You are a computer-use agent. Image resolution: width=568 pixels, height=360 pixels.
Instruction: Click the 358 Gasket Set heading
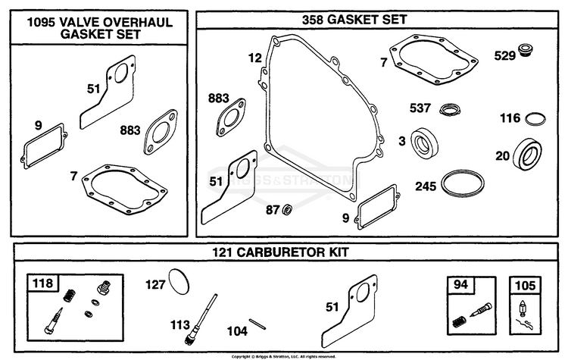[354, 20]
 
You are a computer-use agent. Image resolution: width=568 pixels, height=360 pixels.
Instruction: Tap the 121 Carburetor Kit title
[280, 252]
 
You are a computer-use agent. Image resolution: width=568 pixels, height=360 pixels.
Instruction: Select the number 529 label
[504, 56]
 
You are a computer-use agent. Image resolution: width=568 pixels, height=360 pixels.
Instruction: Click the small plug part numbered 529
[527, 50]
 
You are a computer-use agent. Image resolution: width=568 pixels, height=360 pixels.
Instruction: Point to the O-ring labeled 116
[535, 119]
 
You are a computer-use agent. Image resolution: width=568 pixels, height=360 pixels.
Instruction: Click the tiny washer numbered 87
[289, 209]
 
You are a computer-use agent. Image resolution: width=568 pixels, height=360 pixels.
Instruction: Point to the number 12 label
[255, 58]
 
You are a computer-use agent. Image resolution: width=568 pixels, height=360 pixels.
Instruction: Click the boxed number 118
[42, 283]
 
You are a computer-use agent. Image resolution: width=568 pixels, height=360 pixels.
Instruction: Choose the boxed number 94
[460, 285]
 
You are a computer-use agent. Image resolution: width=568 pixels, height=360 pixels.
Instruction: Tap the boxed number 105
[526, 286]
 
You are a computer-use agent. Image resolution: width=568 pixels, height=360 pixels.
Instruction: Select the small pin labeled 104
[257, 324]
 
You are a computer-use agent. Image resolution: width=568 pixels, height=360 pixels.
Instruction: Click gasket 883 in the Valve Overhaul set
[161, 132]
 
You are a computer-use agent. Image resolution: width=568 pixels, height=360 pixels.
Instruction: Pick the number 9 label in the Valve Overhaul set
[39, 126]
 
